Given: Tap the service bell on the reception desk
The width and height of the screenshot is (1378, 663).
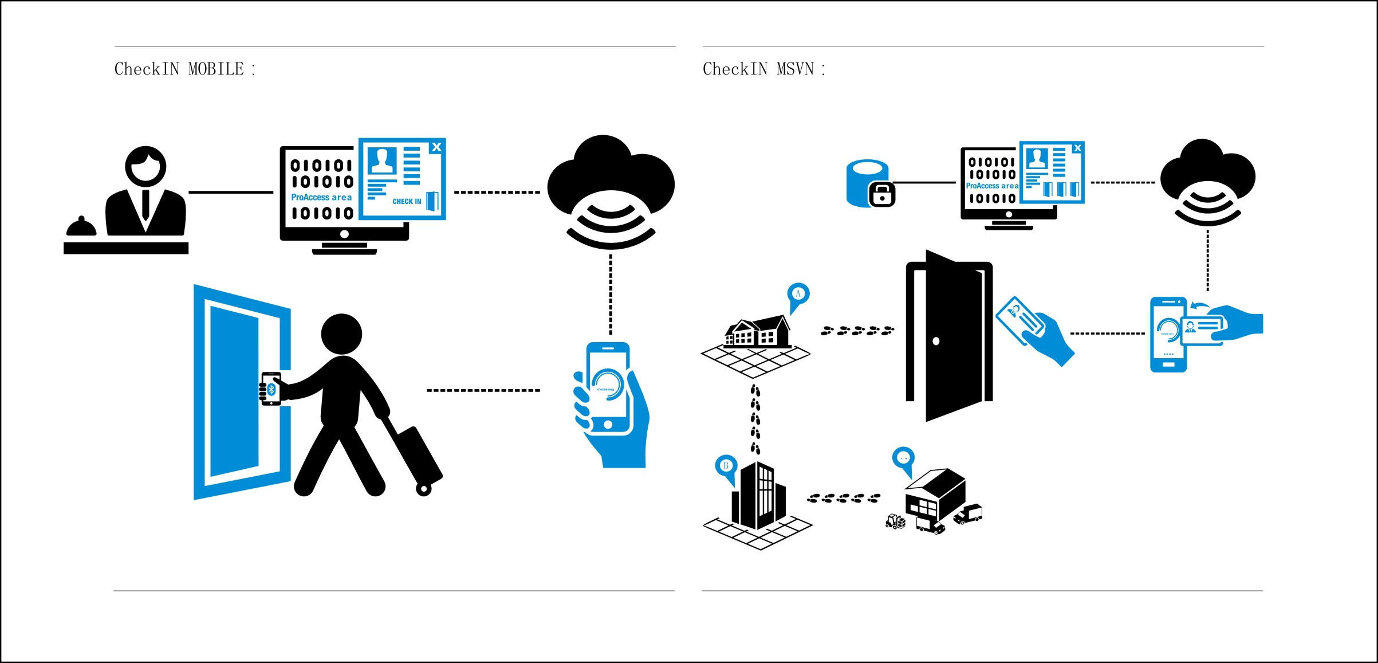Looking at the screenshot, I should [81, 227].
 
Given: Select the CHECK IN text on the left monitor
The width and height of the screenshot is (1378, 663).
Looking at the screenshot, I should [407, 201].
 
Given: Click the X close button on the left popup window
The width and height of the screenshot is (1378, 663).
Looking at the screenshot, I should [436, 147].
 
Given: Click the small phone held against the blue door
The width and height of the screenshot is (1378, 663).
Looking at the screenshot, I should [271, 389].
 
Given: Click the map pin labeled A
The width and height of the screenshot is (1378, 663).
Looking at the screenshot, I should [798, 295].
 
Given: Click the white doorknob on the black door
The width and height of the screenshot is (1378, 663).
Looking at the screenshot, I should [936, 342].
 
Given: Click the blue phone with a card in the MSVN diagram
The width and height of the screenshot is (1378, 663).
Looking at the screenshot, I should [1168, 335].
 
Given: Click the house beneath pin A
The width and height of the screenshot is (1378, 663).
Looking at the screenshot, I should [757, 332].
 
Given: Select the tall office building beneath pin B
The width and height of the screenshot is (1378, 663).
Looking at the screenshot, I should [758, 496].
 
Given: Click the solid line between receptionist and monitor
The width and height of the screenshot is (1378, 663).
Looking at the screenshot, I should [231, 192].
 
